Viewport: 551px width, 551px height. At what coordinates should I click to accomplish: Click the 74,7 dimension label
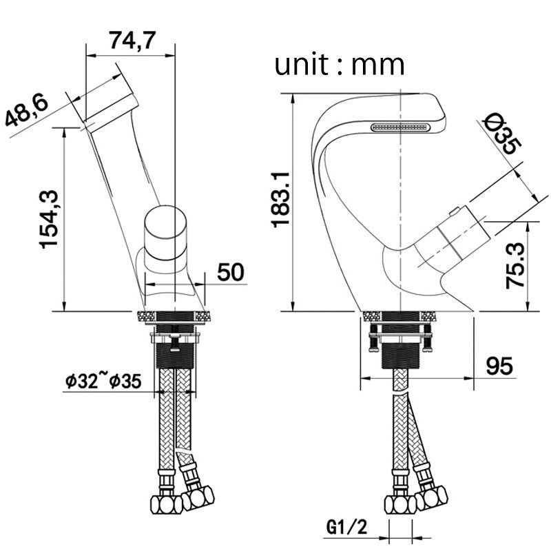click(132, 41)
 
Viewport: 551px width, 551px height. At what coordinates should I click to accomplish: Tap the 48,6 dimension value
click(27, 110)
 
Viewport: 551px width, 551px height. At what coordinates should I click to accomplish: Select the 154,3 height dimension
click(49, 219)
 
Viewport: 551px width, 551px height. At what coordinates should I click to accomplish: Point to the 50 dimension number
click(231, 271)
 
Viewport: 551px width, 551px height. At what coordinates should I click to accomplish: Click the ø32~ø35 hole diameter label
click(104, 381)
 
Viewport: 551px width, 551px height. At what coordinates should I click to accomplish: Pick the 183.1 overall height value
click(281, 200)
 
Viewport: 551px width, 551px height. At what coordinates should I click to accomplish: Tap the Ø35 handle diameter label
click(503, 134)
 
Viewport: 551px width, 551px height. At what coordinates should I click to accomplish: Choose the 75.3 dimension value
click(515, 266)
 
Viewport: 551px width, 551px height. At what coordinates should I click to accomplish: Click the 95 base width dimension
click(499, 366)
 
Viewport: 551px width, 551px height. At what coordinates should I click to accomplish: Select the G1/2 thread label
click(347, 527)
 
